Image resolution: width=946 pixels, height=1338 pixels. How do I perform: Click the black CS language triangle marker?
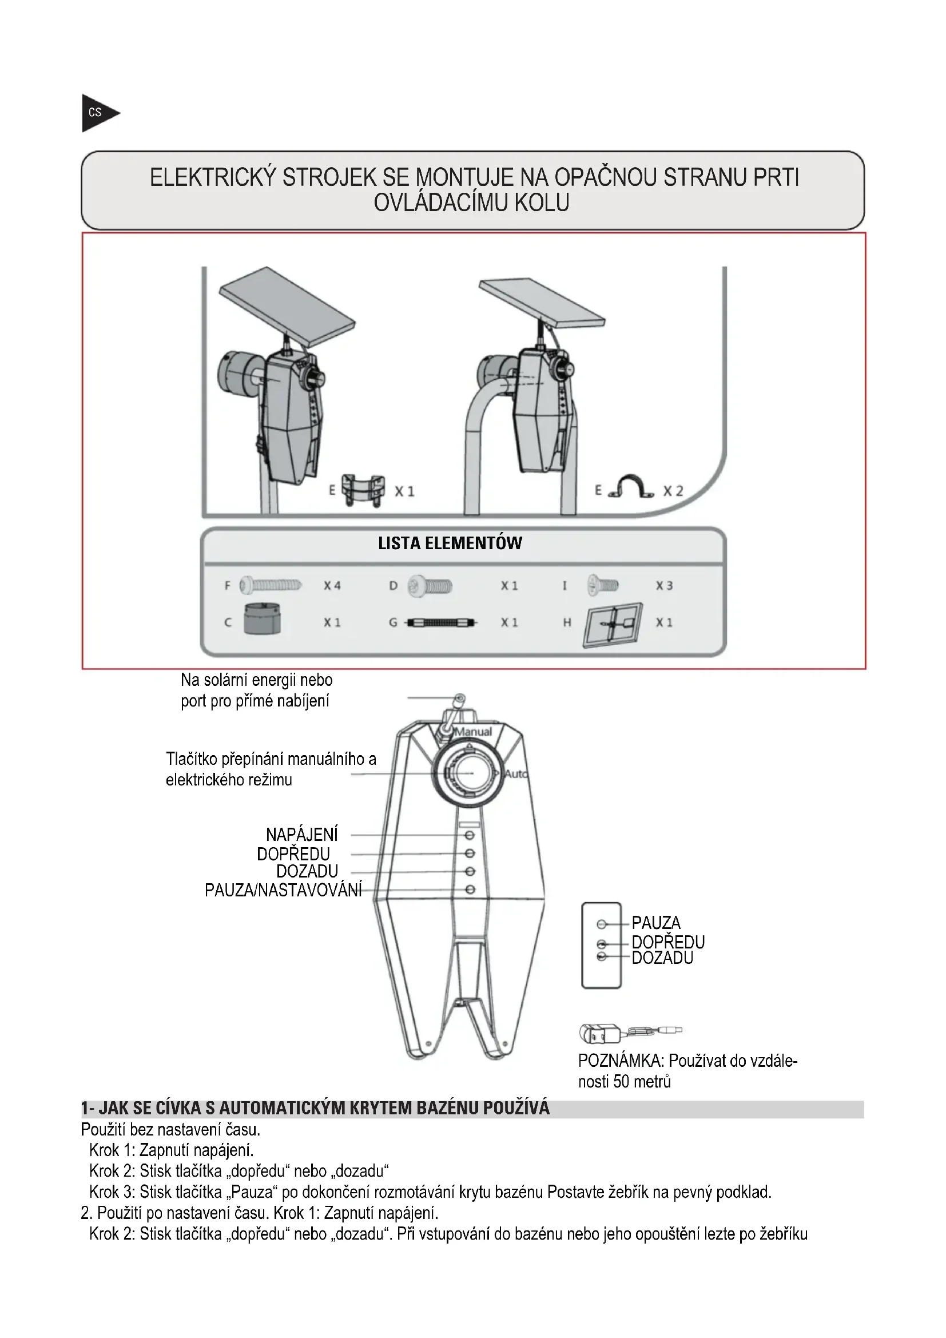click(x=97, y=113)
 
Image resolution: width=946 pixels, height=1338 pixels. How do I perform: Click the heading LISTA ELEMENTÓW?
click(x=450, y=543)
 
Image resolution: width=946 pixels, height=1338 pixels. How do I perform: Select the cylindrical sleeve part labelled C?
click(x=262, y=620)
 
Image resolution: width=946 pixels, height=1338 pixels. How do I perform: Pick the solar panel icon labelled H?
click(x=613, y=625)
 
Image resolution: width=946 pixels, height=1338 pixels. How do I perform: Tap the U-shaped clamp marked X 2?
click(x=631, y=488)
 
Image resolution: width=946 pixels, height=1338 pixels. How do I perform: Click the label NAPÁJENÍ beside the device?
click(x=302, y=835)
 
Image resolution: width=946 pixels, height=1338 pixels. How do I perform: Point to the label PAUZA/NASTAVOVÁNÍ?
click(x=283, y=891)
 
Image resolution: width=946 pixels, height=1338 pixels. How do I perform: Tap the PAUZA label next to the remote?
click(x=656, y=923)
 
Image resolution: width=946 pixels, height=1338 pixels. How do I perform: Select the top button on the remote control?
click(x=602, y=924)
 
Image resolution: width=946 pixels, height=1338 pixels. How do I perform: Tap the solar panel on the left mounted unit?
click(x=287, y=305)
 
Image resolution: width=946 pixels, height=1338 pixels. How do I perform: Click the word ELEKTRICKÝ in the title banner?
click(x=213, y=178)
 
